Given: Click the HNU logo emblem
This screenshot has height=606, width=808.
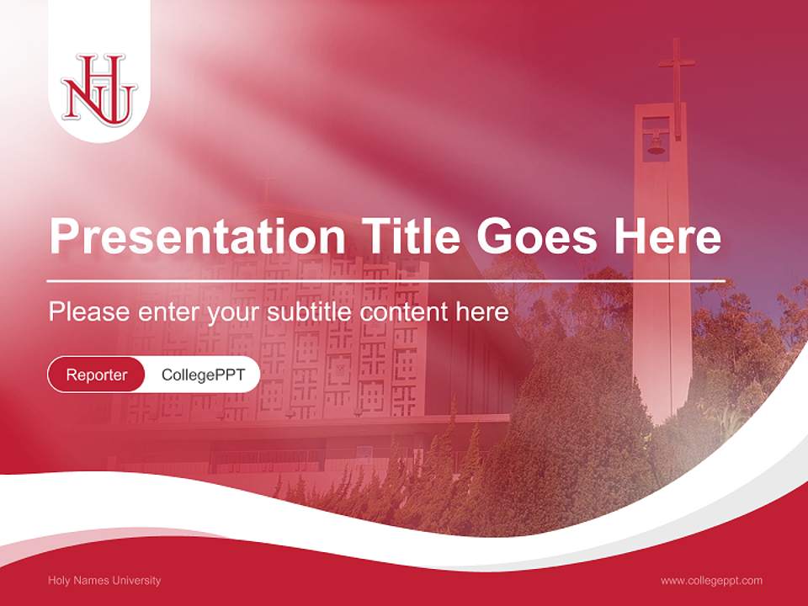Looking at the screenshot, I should click(x=98, y=89).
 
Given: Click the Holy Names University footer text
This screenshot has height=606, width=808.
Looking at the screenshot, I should click(x=104, y=580).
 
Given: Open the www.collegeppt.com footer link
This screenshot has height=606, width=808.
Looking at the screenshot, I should click(x=711, y=580).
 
